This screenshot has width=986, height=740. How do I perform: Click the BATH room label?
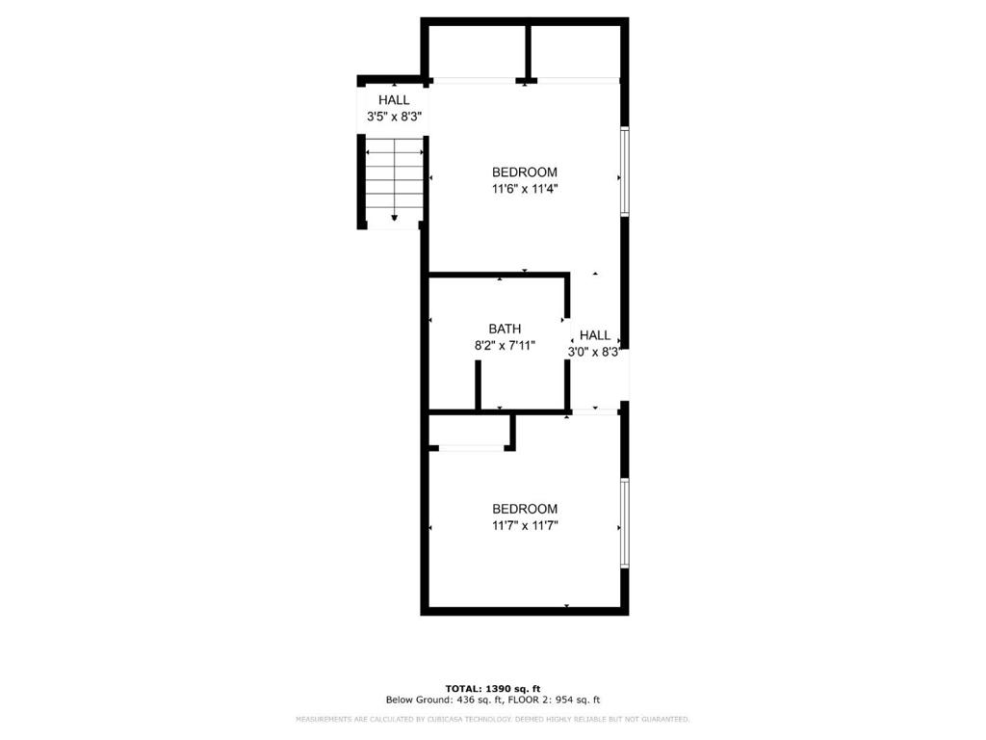pos(505,329)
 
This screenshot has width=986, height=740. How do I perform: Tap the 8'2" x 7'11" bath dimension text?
pos(505,345)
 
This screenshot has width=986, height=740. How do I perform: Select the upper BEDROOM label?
pos(525,172)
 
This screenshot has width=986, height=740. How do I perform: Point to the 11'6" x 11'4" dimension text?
pos(525,189)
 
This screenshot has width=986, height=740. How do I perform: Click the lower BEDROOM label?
pos(525,509)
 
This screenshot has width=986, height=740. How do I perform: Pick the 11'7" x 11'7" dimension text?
pos(525,525)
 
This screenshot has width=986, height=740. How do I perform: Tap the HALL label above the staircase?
pos(394,100)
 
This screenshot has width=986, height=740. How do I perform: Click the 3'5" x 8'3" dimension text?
pos(394,117)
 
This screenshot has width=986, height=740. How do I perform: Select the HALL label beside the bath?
pos(595,335)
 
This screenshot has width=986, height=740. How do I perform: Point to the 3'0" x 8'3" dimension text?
pos(595,352)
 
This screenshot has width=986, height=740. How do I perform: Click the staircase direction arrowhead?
pos(395,218)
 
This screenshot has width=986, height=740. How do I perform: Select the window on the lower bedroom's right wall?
pos(625,523)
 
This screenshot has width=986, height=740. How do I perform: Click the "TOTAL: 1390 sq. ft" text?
pos(493,688)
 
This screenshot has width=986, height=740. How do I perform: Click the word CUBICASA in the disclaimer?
pos(436,720)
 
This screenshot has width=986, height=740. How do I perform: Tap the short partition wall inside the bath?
pos(478,385)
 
